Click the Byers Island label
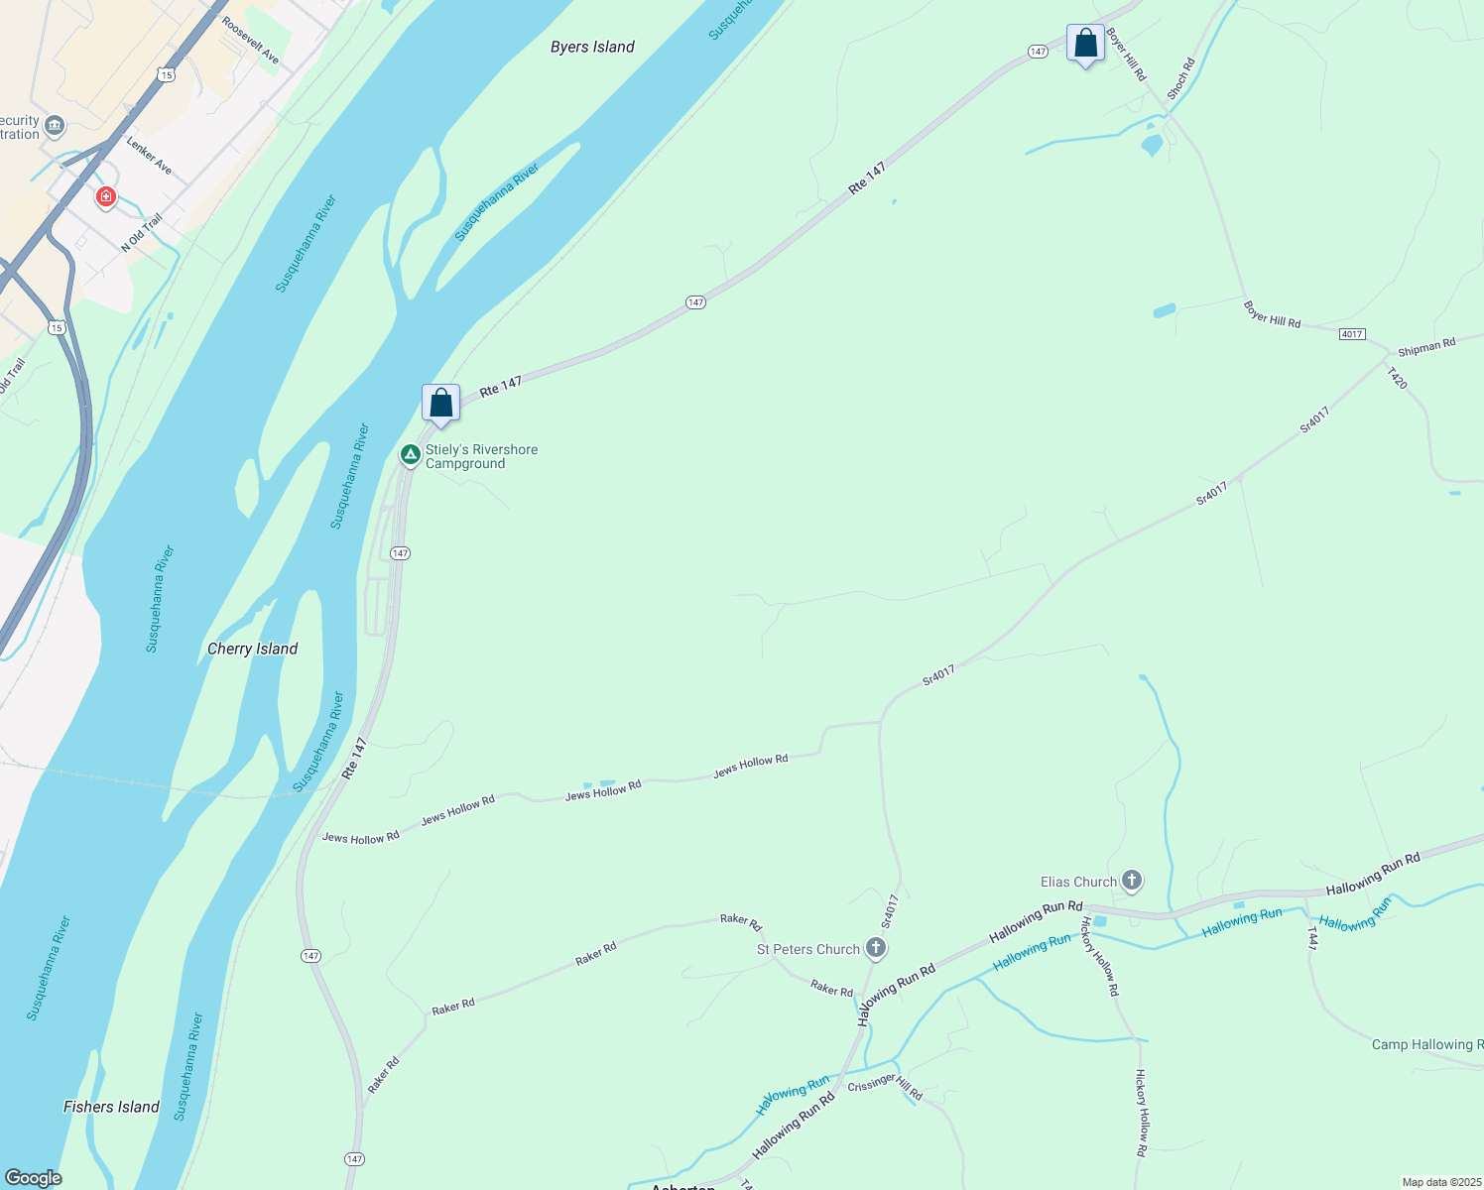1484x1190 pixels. (x=592, y=47)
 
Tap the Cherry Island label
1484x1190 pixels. (x=252, y=649)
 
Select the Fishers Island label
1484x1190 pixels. (x=111, y=1107)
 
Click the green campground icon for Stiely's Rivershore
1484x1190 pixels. (x=410, y=454)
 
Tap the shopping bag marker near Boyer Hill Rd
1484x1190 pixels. (x=1085, y=44)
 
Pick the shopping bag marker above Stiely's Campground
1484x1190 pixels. (x=440, y=404)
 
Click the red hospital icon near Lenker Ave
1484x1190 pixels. (x=105, y=196)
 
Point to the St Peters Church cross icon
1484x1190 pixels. (x=875, y=948)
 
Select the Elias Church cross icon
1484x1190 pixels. (x=1132, y=881)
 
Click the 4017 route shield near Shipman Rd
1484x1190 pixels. (x=1351, y=334)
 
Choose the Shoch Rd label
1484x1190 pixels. (x=1180, y=78)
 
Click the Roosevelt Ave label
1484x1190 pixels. (x=251, y=41)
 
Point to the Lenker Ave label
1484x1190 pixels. (x=150, y=156)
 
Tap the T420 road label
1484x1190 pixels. (x=1397, y=378)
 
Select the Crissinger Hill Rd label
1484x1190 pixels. (x=885, y=1086)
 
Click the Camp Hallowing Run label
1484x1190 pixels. (x=1426, y=1044)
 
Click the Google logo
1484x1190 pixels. (x=34, y=1177)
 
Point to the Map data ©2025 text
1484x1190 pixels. (x=1440, y=1182)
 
